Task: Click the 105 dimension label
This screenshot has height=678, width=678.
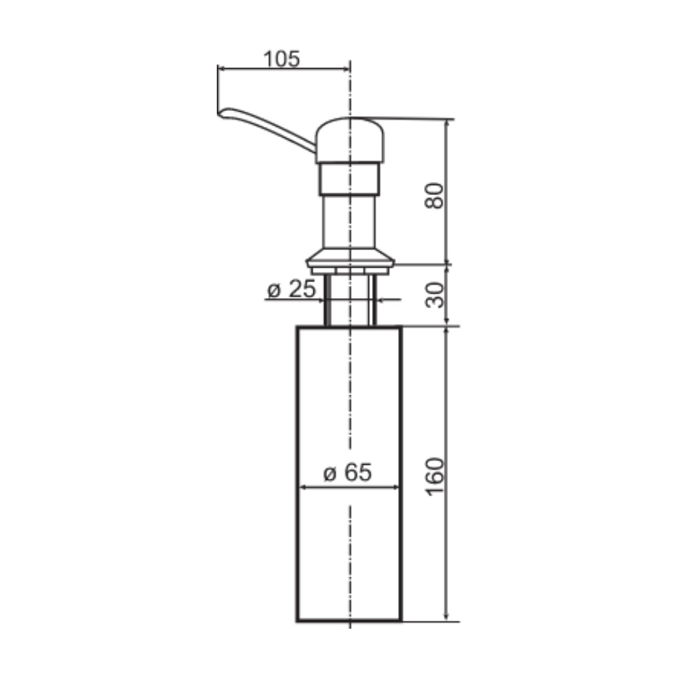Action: (x=281, y=59)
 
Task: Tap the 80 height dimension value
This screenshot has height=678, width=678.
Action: (x=435, y=196)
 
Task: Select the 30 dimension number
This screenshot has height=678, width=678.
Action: (x=435, y=295)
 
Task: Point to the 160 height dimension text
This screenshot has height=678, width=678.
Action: (x=435, y=476)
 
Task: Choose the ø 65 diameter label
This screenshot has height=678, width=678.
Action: (x=347, y=472)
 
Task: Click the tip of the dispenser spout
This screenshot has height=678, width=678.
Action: (x=219, y=114)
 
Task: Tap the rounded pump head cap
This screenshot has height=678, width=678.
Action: (x=350, y=140)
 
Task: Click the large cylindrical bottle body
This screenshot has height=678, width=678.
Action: (x=350, y=474)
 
